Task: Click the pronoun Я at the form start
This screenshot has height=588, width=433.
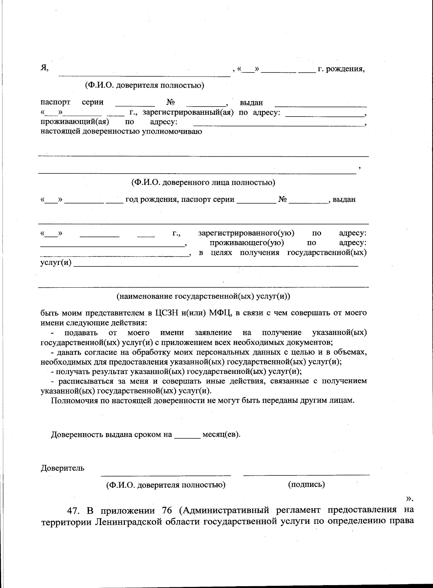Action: click(44, 68)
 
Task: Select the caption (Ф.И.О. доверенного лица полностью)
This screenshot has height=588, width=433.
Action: click(203, 182)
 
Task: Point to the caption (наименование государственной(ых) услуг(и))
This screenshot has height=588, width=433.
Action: click(203, 296)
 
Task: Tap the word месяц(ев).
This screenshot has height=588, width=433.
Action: click(221, 434)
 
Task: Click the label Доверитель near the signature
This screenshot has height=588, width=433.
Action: click(62, 468)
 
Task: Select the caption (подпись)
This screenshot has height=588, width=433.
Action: click(306, 484)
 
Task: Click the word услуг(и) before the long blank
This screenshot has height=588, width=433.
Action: click(56, 262)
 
